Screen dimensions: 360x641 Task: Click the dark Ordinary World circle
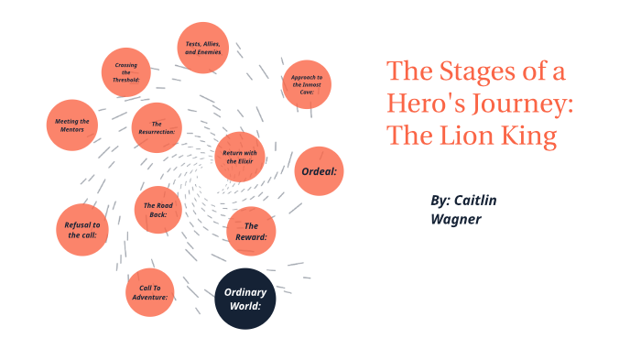(x=245, y=299)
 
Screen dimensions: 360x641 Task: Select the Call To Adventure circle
(x=150, y=292)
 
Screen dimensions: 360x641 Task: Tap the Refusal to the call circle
(x=82, y=229)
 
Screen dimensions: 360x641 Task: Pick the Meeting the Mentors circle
(x=71, y=125)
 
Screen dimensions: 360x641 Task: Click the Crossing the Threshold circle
(x=126, y=72)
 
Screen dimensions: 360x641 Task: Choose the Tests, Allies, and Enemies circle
(x=203, y=48)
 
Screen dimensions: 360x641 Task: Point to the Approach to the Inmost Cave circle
(x=306, y=84)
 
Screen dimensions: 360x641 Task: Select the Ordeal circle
(x=319, y=171)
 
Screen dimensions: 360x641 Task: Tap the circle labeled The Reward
(x=251, y=231)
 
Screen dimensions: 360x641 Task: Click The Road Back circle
(x=158, y=211)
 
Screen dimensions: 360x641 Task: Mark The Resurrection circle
(x=157, y=127)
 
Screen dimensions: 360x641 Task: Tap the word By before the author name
(x=440, y=200)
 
